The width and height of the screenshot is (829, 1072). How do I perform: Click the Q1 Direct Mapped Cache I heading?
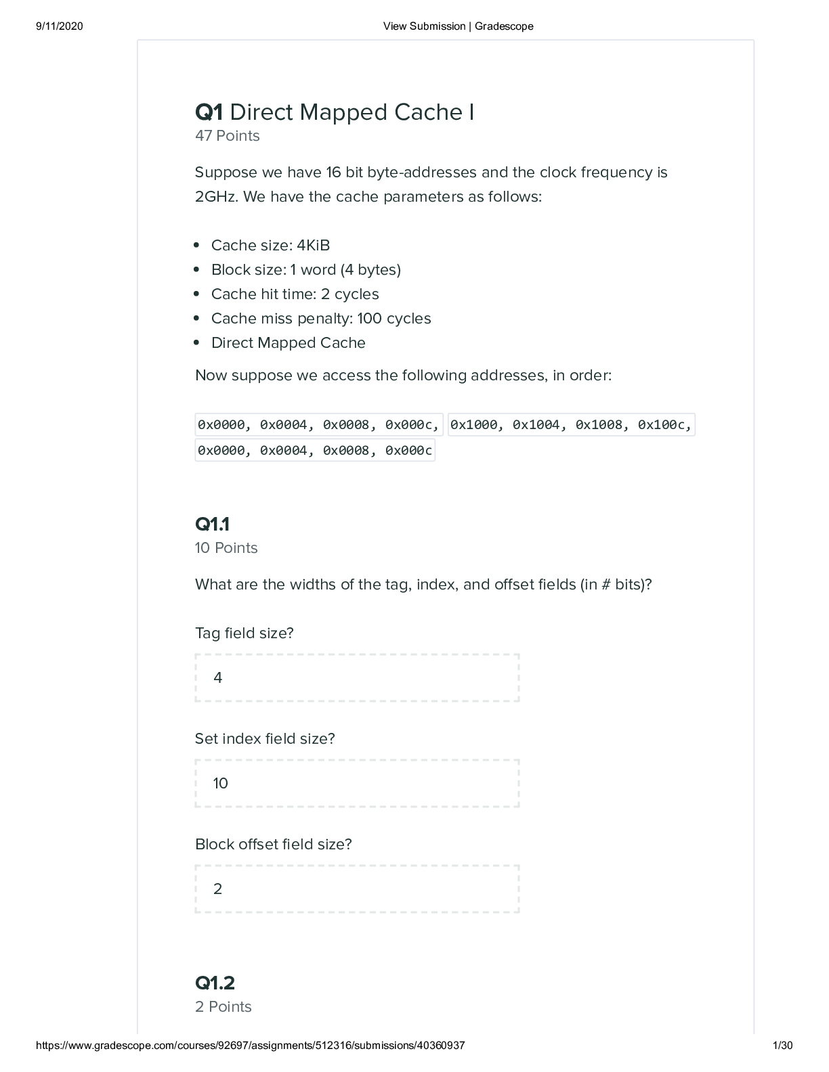click(335, 112)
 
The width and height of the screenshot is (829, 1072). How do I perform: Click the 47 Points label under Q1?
click(227, 136)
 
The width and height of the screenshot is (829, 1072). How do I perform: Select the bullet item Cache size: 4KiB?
click(270, 246)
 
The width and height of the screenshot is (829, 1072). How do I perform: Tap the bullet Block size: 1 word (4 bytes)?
click(305, 270)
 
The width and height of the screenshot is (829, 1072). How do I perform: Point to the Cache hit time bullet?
click(295, 294)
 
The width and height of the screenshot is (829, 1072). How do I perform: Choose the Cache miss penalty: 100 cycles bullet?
click(321, 319)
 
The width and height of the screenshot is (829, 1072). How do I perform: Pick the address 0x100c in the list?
click(664, 425)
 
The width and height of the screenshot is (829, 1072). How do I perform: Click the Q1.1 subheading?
click(212, 524)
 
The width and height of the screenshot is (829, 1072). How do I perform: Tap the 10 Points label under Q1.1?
click(226, 548)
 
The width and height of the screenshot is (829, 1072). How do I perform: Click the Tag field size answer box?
click(357, 677)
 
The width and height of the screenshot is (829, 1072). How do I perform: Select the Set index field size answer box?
click(357, 783)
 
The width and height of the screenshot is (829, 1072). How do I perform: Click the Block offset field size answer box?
click(357, 889)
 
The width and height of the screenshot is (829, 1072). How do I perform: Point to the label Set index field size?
click(265, 739)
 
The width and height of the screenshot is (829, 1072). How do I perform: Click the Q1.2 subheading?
click(215, 983)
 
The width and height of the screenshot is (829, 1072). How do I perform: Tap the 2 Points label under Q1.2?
click(223, 1007)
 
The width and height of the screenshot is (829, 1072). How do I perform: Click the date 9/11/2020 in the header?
click(59, 26)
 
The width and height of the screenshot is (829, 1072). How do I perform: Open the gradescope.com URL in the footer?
click(250, 1046)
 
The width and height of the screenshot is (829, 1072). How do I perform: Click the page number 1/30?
click(782, 1046)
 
